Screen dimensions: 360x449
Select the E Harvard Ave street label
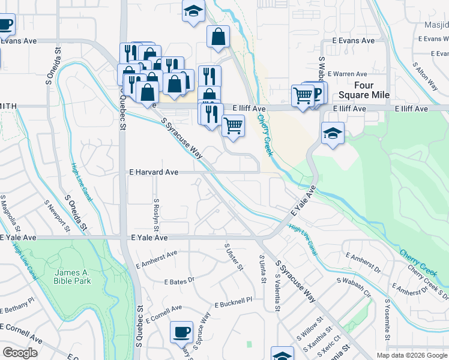pos(154,172)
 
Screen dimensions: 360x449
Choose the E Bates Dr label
pos(179,280)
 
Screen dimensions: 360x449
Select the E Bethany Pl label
pos(17,308)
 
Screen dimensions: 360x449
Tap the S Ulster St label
pos(234,257)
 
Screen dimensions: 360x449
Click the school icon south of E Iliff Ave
pos(333,133)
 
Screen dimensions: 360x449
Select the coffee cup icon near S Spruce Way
pos(181,332)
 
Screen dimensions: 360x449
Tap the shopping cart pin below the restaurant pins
pos(233,125)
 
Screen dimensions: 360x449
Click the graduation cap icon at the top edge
pos(193,11)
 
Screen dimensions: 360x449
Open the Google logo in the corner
pos(20,353)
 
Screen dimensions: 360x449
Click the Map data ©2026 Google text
pos(412,355)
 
